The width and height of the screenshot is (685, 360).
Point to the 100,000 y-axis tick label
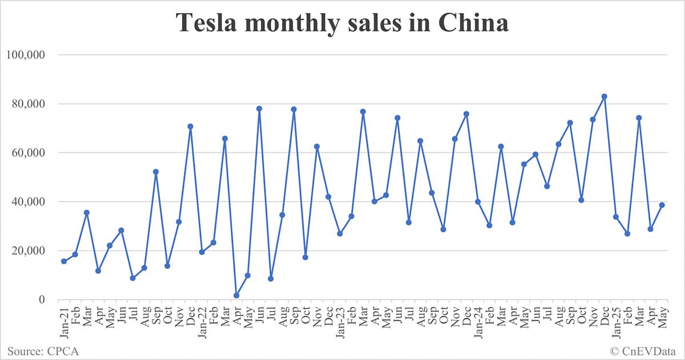25,55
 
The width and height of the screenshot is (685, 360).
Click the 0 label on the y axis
42,300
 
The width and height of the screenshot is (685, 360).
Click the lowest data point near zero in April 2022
236,296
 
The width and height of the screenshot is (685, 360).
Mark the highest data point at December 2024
605,96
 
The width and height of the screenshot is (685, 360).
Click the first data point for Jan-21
64,261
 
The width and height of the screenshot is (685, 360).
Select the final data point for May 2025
662,205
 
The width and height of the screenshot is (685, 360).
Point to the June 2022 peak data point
259,108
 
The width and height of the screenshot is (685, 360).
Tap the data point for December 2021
190,126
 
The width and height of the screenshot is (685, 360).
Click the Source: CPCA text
43,350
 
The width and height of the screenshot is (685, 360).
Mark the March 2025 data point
639,118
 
